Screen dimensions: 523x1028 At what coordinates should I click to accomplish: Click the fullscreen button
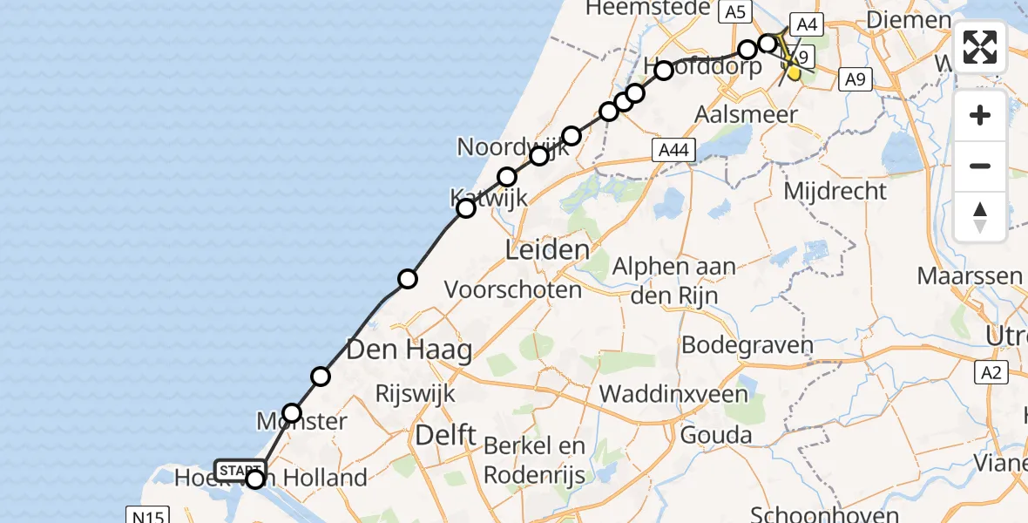tap(980, 46)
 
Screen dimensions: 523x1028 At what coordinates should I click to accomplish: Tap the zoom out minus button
tap(980, 166)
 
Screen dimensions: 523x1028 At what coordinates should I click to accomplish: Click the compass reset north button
tap(980, 217)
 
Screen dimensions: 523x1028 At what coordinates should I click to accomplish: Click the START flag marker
tap(240, 470)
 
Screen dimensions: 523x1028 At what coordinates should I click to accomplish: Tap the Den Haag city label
tap(409, 350)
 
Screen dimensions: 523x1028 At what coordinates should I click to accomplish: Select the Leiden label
tap(547, 251)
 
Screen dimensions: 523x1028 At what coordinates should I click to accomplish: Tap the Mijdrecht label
tap(835, 190)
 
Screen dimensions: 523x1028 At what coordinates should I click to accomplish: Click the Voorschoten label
tap(513, 289)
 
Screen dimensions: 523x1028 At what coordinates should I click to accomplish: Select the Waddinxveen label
tap(673, 394)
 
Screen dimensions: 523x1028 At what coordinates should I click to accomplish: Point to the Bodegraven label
tap(747, 343)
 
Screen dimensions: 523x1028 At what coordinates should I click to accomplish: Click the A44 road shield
tap(673, 151)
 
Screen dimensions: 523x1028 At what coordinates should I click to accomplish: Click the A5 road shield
tap(734, 12)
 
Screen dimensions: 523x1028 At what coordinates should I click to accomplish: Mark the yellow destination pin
tap(794, 72)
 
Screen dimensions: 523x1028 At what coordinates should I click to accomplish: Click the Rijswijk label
tap(415, 393)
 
